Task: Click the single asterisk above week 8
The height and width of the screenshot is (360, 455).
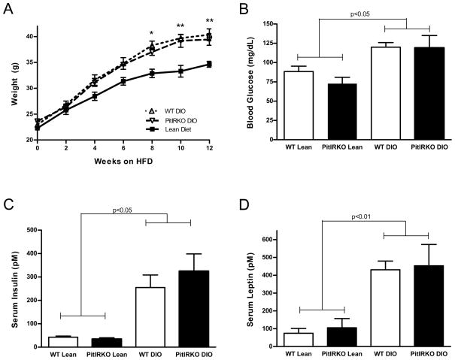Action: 151,34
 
